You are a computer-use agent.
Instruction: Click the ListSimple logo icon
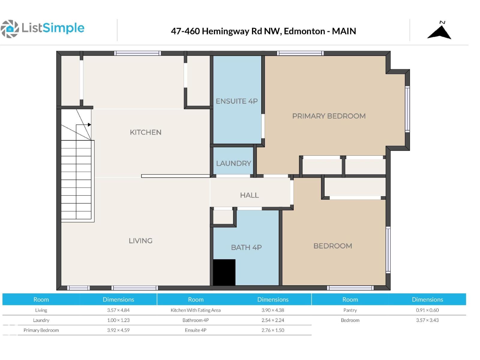(10, 29)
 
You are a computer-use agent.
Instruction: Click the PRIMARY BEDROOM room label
(329, 116)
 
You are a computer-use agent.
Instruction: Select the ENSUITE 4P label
(237, 101)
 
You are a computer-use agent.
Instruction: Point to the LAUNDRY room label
(233, 163)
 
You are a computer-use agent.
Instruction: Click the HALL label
(249, 195)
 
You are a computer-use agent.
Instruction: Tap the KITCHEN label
(145, 132)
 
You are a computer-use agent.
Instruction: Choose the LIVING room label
(140, 241)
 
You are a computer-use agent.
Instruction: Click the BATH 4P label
(246, 247)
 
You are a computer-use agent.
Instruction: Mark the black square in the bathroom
(224, 272)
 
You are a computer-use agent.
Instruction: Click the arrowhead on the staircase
(89, 124)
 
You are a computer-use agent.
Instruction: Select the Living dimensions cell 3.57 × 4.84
(118, 310)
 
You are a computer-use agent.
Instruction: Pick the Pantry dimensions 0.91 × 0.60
(427, 310)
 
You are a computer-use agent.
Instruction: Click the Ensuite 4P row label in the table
(196, 330)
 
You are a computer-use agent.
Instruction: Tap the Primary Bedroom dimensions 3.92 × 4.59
(118, 330)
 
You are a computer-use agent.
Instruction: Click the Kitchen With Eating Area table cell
(196, 310)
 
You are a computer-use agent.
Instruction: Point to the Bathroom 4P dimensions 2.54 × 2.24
(273, 320)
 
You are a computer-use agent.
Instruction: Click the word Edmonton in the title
(304, 31)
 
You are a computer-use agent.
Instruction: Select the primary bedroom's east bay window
(407, 109)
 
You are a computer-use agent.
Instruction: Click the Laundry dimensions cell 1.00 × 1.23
(118, 320)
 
